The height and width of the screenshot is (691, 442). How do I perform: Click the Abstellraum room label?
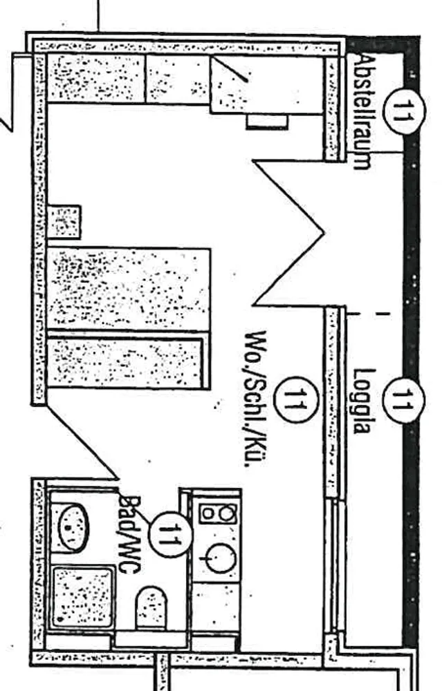coord(361,112)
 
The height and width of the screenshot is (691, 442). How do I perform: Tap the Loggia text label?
coord(362,401)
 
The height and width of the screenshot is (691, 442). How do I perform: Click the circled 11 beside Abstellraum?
coord(403,111)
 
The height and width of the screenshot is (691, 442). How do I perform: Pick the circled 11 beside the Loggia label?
coord(403,401)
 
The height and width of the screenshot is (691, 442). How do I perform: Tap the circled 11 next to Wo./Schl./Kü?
coord(295,399)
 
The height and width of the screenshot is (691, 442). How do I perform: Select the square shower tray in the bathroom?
coord(82,596)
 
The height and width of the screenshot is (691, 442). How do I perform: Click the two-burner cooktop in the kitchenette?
coord(218,514)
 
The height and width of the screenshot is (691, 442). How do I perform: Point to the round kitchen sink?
coord(220,558)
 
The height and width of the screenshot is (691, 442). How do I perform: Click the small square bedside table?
coord(64,222)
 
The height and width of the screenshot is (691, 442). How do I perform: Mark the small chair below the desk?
coord(267,122)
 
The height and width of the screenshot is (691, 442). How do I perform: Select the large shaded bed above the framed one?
coord(129,289)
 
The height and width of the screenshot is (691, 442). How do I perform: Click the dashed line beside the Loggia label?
coord(367,314)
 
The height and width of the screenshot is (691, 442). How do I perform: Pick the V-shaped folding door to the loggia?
coord(288,233)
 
